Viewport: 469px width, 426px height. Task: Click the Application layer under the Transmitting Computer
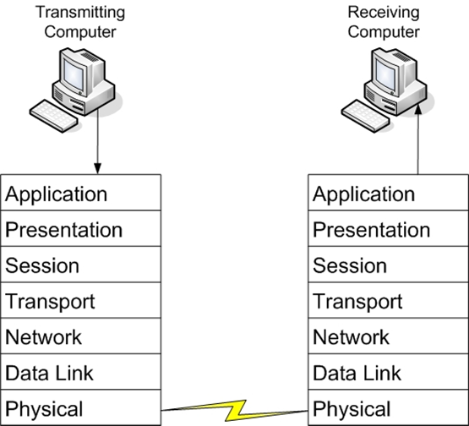[81, 193]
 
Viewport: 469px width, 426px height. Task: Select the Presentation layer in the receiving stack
[388, 228]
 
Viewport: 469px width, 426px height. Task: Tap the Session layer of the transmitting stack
[81, 265]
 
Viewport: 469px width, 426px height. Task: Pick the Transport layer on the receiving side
[388, 300]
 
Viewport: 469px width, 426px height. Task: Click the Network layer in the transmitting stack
[81, 336]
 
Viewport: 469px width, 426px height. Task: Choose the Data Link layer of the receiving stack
[388, 372]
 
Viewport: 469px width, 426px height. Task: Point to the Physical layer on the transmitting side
[81, 407]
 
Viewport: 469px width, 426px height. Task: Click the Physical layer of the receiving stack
[388, 407]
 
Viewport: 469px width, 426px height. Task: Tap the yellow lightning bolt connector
[235, 410]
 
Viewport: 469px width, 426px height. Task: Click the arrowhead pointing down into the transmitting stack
[97, 168]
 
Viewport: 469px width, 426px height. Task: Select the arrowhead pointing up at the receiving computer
[419, 109]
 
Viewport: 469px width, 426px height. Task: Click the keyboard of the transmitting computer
[54, 116]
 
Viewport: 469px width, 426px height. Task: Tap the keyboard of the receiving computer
[366, 116]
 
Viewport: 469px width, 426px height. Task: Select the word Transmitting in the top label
[80, 13]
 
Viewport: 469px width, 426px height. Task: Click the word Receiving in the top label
[384, 13]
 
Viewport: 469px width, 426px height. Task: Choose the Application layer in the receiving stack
[388, 193]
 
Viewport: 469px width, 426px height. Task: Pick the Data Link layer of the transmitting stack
[81, 372]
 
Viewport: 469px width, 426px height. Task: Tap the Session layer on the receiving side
[388, 265]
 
